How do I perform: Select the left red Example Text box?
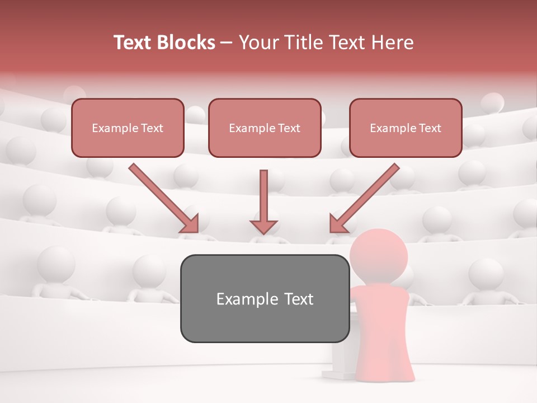click(128, 128)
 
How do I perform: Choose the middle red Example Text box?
click(265, 128)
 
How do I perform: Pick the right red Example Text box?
click(406, 128)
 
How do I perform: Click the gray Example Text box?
click(265, 298)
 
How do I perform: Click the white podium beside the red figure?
click(339, 358)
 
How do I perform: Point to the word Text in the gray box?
click(296, 299)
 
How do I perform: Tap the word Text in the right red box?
click(430, 128)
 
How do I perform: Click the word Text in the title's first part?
click(133, 43)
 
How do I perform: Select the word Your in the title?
click(258, 43)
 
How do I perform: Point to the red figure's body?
click(383, 325)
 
